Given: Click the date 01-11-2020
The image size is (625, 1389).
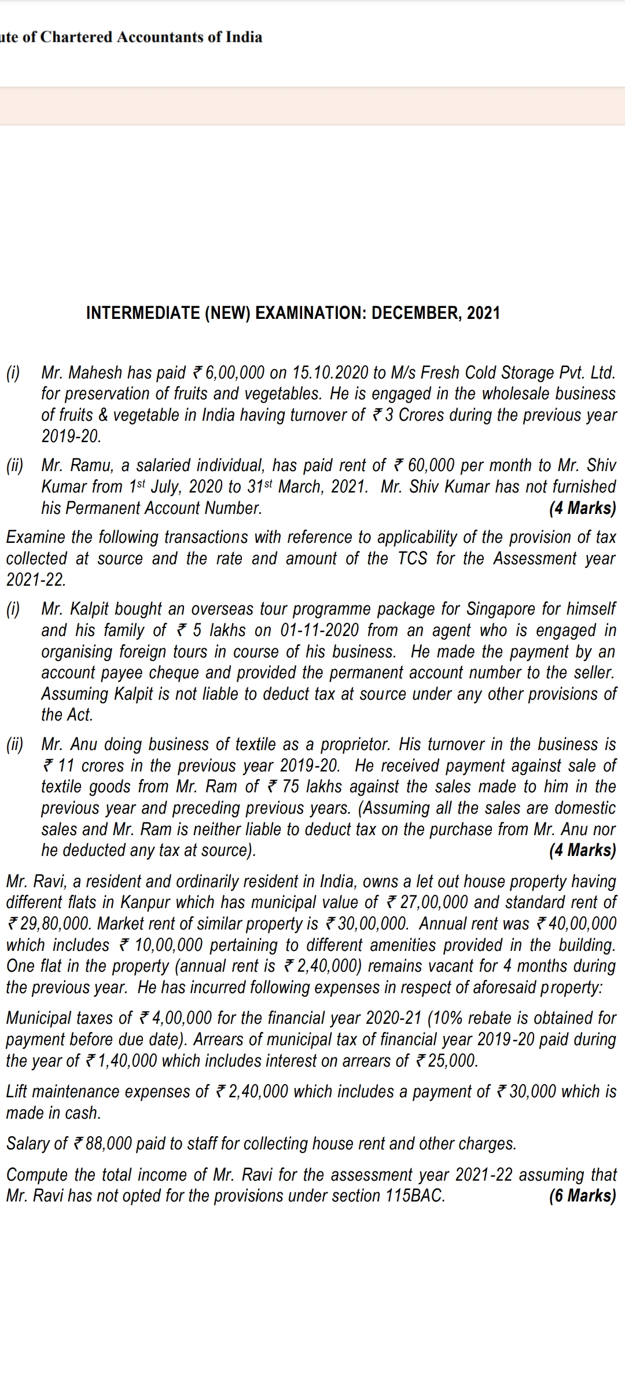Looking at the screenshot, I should (x=319, y=630).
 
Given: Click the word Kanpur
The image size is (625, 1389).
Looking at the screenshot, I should (x=148, y=902).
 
